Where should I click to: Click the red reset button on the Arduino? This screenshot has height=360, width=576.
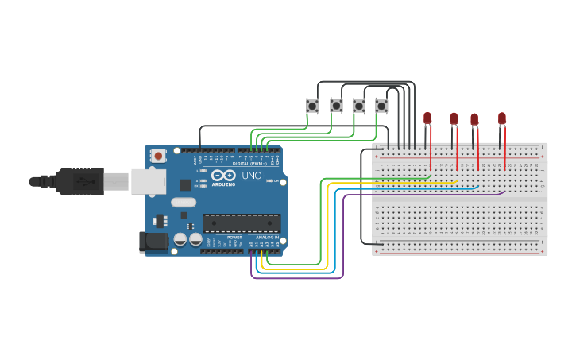(158, 156)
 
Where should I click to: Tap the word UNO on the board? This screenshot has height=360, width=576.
(251, 175)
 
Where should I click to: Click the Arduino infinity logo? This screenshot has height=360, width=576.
(223, 175)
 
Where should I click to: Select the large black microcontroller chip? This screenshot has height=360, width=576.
(242, 223)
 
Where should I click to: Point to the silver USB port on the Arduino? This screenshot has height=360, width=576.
(149, 181)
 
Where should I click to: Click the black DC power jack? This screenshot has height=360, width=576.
(153, 242)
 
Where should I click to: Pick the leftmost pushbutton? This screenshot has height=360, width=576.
(312, 106)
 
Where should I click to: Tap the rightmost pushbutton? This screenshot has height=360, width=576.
(381, 106)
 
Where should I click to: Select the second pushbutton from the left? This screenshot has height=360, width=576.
(336, 106)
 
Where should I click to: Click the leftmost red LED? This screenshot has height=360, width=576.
(427, 118)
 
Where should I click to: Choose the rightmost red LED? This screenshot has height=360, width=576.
(502, 118)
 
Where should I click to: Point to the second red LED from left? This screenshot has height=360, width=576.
(454, 118)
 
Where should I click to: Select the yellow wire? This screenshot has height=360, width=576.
(327, 230)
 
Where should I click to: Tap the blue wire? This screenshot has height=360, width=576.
(334, 238)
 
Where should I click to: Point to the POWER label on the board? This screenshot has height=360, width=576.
(234, 237)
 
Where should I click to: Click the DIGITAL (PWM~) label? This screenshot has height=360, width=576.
(251, 163)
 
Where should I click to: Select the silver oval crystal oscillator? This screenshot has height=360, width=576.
(183, 202)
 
